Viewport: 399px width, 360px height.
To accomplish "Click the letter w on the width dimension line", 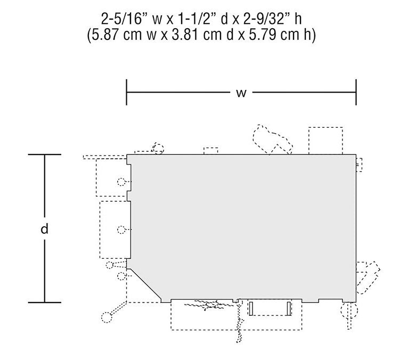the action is click(x=241, y=93).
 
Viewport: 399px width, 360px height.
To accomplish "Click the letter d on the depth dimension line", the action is click(x=45, y=228).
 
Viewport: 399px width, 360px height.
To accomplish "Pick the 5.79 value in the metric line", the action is click(x=263, y=35).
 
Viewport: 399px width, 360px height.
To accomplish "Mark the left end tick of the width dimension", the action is click(x=126, y=92).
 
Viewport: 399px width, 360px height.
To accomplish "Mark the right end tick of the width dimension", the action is click(x=356, y=92).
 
